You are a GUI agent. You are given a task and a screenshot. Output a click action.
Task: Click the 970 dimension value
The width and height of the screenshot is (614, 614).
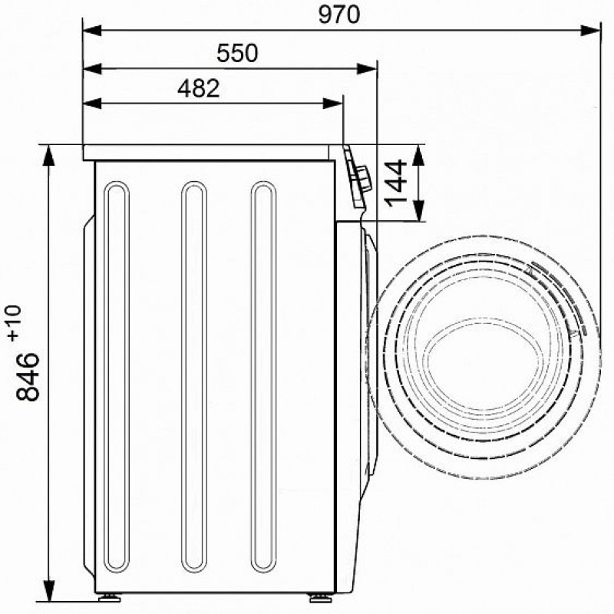(338, 15)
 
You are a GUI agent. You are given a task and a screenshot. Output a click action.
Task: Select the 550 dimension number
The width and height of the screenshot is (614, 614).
(237, 53)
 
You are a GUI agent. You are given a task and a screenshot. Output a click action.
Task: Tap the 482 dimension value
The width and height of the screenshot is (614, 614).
(199, 88)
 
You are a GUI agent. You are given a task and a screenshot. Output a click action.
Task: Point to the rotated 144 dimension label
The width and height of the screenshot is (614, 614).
(395, 183)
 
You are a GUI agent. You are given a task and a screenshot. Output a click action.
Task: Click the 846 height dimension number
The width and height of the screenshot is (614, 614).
(28, 376)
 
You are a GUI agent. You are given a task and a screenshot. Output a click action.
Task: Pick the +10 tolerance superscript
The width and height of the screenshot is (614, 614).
(15, 323)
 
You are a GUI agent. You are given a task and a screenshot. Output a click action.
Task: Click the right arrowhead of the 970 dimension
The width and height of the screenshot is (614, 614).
(590, 31)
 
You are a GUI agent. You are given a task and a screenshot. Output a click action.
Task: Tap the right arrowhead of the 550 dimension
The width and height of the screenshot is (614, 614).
(367, 69)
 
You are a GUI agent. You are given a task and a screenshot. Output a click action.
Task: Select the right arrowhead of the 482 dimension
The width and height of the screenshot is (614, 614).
(333, 104)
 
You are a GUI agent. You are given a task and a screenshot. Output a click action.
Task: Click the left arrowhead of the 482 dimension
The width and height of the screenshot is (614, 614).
(93, 104)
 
